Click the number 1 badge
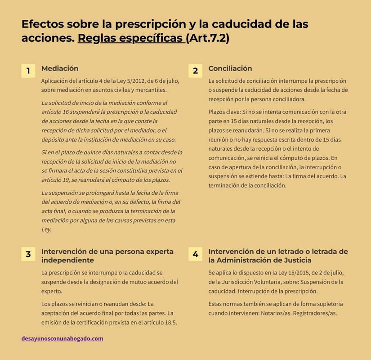coord(28,71)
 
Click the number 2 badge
coord(195,71)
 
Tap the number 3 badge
coord(28,254)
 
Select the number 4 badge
coord(195,254)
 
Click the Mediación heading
coord(60,68)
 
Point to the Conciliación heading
coord(230,68)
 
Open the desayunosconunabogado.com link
coord(62,338)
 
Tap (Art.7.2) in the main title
coord(209,38)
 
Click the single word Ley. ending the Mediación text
coord(46,229)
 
